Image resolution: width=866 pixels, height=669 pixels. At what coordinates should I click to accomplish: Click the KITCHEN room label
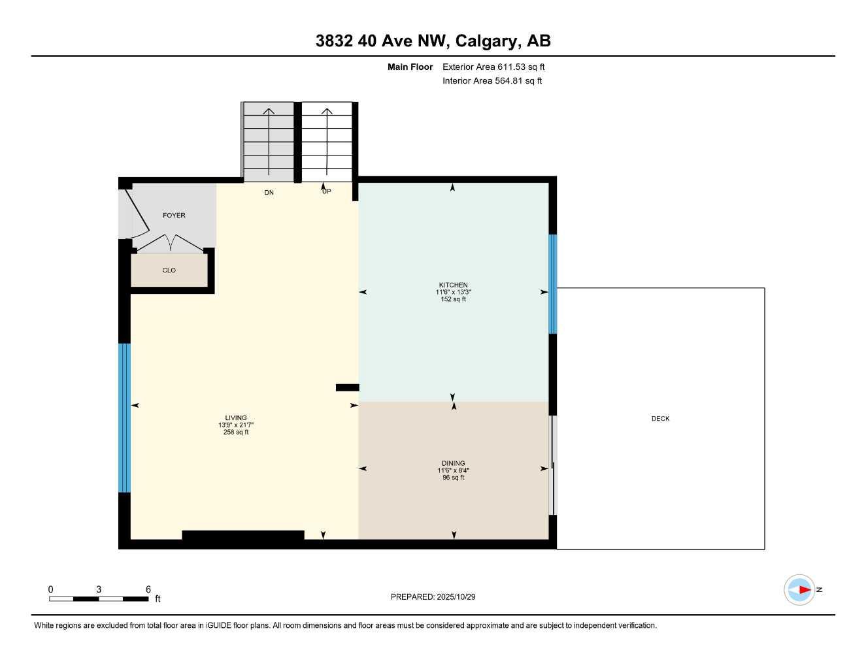coord(453,285)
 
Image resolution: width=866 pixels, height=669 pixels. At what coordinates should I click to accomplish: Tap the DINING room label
coord(453,463)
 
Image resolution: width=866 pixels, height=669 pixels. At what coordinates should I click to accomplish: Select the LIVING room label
coord(236,418)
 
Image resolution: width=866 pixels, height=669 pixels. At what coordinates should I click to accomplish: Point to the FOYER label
coord(174,216)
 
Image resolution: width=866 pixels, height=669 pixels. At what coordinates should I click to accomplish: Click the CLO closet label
coord(169,270)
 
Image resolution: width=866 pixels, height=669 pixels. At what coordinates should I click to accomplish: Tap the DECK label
coord(660,419)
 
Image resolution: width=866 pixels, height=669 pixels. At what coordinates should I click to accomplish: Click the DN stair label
coord(269,193)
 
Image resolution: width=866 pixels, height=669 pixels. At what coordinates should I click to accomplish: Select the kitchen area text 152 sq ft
coord(453,300)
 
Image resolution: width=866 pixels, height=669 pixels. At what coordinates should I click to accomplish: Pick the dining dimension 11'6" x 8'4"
coord(453,470)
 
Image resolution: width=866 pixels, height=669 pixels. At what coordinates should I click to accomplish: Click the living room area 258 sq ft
coord(236,432)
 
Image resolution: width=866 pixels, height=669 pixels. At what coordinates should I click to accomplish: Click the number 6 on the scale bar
coord(148,589)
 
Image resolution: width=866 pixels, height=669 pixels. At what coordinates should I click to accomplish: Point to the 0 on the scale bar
coord(51,589)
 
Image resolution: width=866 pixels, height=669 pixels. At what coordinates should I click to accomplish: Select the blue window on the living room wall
coord(124,418)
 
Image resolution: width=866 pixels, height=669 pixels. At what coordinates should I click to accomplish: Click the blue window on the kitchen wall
coord(552,284)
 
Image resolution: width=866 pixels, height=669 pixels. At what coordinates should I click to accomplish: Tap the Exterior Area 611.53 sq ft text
coord(493,67)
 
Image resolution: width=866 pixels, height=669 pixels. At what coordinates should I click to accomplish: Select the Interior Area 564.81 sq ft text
coord(492,81)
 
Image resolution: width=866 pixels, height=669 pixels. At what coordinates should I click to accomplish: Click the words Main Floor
coord(410,67)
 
